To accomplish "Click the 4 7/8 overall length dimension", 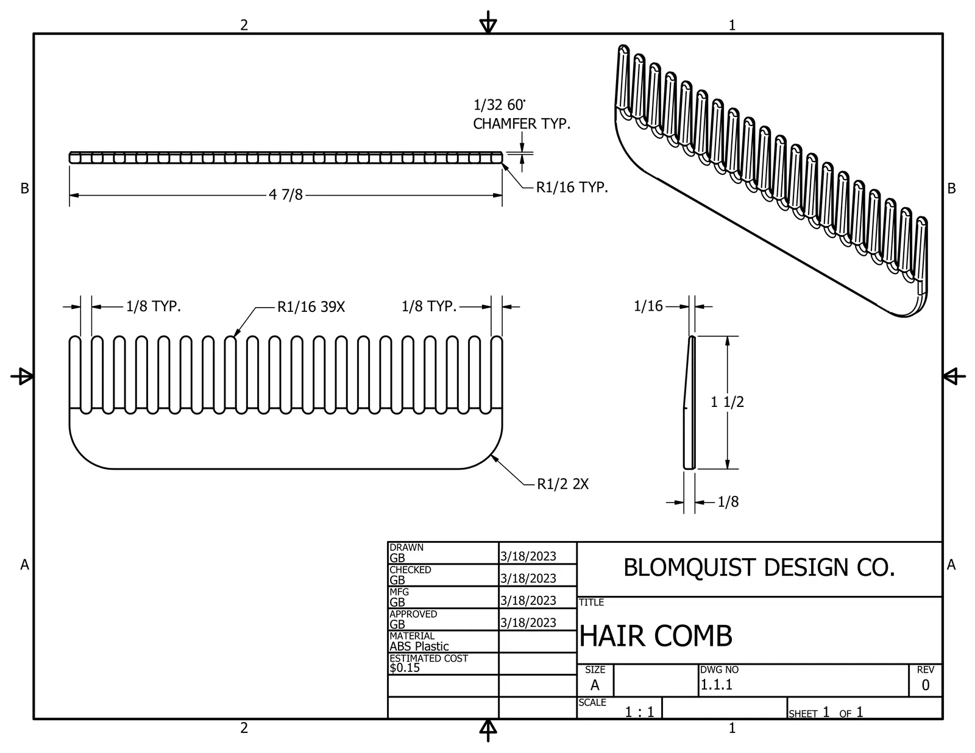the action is (x=286, y=194).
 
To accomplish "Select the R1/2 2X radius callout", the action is (x=562, y=484).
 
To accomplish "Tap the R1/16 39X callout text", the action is (x=311, y=307).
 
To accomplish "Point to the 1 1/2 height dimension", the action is (x=728, y=401).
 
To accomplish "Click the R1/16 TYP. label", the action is (x=572, y=187).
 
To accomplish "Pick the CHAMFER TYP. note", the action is (x=522, y=124).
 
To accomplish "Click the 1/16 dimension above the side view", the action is (x=648, y=306).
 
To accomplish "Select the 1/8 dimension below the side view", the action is (x=728, y=501).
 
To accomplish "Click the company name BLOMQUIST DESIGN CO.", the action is (x=759, y=567).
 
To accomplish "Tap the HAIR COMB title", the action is (x=656, y=635).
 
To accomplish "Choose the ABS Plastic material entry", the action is (x=419, y=646).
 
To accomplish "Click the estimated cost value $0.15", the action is (x=405, y=668).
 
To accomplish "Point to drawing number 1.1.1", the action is (x=716, y=685).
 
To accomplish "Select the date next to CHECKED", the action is (x=528, y=579).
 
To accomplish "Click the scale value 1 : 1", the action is (x=639, y=712).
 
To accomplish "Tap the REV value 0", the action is (x=925, y=685).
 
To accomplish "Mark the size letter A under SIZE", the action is (x=595, y=685).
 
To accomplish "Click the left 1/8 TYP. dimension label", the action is (x=154, y=306).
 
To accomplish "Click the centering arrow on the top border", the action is (x=487, y=23).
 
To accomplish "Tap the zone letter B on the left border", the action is (x=24, y=188).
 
